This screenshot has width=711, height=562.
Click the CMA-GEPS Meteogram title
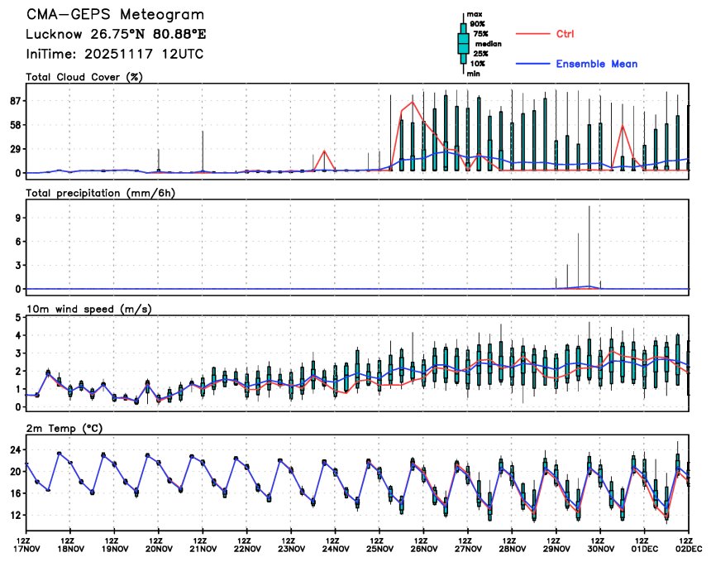[x=115, y=15]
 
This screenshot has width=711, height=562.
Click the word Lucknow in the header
[x=55, y=35]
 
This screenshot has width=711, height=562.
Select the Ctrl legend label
[x=565, y=34]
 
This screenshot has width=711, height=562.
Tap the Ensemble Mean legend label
[x=596, y=64]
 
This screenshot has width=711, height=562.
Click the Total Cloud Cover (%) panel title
[x=84, y=78]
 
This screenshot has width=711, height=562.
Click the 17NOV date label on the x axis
[x=26, y=548]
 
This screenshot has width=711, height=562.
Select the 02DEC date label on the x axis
[x=690, y=548]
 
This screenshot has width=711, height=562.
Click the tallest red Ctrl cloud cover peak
[x=413, y=102]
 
